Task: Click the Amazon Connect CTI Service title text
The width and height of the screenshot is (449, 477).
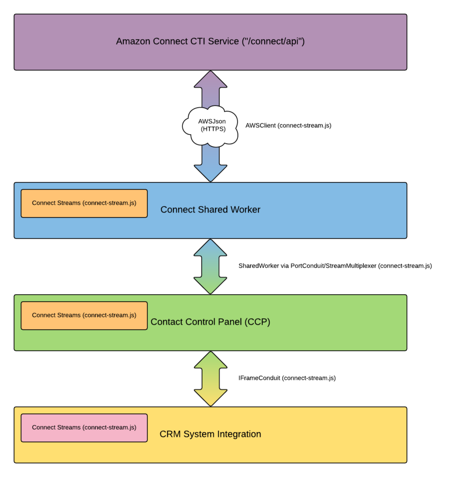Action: [x=210, y=41]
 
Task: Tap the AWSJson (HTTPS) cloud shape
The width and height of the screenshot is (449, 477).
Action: [x=210, y=125]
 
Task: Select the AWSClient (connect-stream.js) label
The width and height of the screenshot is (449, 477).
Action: [x=288, y=125]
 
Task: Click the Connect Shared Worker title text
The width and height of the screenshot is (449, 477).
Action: [x=210, y=210]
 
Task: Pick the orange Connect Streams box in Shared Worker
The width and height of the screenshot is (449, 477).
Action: [x=84, y=203]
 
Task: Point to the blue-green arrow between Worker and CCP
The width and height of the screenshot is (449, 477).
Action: [x=210, y=267]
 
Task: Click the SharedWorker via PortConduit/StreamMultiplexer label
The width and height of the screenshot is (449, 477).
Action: [x=335, y=266]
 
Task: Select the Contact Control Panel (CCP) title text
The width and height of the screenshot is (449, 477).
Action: [x=210, y=322]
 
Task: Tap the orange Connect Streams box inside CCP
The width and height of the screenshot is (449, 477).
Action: [x=84, y=316]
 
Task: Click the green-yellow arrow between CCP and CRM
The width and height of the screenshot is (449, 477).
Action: [x=210, y=379]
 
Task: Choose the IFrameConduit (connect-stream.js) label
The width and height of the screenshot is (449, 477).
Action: [x=287, y=378]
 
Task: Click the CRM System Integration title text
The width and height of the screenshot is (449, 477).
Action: [x=210, y=434]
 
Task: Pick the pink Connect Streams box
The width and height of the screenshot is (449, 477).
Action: [x=84, y=428]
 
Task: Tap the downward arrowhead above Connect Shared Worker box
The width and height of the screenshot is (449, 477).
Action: [x=210, y=174]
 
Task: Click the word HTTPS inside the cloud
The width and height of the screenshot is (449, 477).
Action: [x=213, y=130]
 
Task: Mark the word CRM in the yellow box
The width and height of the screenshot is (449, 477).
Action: [x=169, y=434]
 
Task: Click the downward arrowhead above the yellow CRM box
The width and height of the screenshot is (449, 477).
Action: [x=210, y=399]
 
